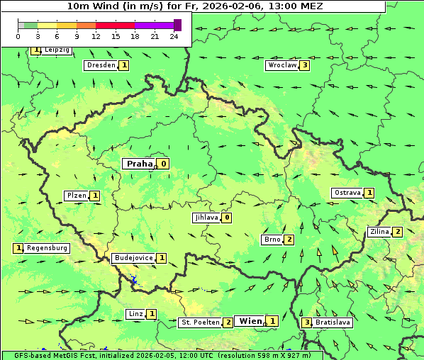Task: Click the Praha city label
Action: pos(139,164)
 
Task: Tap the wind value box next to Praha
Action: pos(164,164)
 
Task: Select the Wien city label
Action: pos(250,321)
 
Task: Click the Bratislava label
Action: pos(333,322)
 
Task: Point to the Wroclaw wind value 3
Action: pos(305,65)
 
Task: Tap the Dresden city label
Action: pos(100,65)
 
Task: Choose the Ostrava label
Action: pos(347,193)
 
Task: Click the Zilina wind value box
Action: pos(398,232)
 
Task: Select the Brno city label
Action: pos(272,240)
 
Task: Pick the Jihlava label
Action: pos(206,218)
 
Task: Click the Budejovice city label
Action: pos(133,258)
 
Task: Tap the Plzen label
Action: pos(77,196)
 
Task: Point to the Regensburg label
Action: pos(48,248)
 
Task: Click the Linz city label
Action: pos(136,314)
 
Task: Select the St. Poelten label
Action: pos(199,322)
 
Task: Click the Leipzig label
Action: pos(57,50)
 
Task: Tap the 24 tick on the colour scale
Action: pos(174,36)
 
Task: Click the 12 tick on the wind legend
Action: pos(95,36)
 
